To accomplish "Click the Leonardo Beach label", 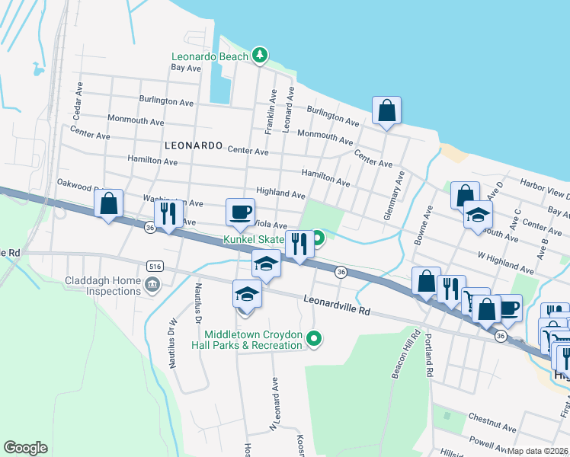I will tap(210, 56).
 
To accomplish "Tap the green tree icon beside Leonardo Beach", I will tap(261, 55).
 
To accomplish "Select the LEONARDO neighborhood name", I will tap(193, 145).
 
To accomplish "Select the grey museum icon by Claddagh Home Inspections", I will tap(152, 285).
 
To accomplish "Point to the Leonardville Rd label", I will tap(336, 305).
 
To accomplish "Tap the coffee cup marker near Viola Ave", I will tap(241, 211).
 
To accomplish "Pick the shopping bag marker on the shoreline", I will tap(387, 110).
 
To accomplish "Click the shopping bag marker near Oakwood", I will tap(109, 203).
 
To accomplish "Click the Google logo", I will tap(25, 448).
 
